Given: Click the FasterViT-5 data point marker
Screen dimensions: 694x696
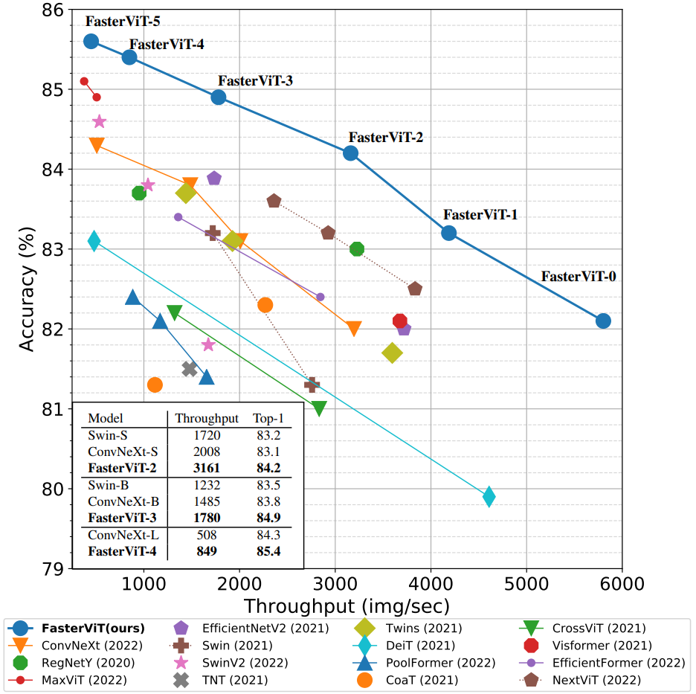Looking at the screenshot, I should [91, 41].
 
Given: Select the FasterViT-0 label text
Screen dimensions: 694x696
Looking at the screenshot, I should [578, 277].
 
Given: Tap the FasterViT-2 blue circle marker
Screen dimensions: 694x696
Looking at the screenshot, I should [350, 153].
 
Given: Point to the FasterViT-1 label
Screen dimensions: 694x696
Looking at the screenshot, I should [480, 215].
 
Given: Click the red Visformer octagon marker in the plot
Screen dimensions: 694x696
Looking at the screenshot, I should [400, 321].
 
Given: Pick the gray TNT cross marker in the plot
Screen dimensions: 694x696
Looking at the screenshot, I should [190, 369].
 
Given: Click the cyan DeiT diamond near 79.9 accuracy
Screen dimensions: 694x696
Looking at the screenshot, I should [489, 496].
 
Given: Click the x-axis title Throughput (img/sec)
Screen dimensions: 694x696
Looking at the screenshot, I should [346, 605].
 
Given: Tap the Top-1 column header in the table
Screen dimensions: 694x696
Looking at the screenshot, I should [268, 418].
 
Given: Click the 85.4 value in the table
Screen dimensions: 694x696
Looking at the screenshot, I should [268, 552].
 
